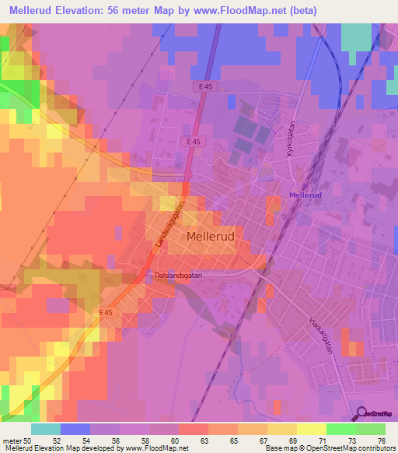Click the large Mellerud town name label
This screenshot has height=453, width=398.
coord(215,235)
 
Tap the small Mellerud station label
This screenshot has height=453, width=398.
coord(305,195)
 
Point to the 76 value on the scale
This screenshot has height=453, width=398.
coord(381,441)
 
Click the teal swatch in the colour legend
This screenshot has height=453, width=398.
coord(46,429)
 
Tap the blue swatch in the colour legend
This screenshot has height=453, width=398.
coord(75,429)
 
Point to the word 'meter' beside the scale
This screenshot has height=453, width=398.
coord(11,441)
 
